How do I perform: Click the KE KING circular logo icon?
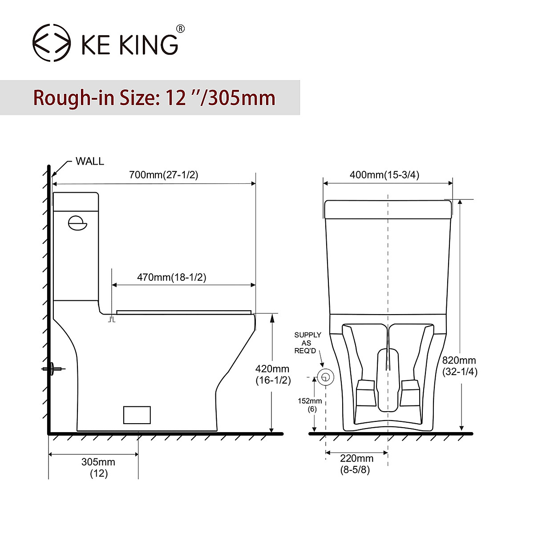click(x=52, y=43)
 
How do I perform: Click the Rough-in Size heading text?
click(x=154, y=98)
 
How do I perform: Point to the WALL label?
click(x=89, y=161)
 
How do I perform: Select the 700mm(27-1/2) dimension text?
click(x=163, y=175)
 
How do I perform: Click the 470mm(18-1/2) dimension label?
click(x=171, y=277)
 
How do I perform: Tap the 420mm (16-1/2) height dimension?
click(x=273, y=374)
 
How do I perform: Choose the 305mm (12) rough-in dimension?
click(x=98, y=467)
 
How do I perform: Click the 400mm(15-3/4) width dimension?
click(x=384, y=175)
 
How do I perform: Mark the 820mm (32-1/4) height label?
click(x=459, y=366)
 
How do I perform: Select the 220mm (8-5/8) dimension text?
click(x=356, y=464)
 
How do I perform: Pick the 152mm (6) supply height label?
click(x=310, y=405)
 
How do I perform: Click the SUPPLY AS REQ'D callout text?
click(x=307, y=343)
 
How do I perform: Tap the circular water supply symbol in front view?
click(x=326, y=377)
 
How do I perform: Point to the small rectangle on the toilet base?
click(x=137, y=415)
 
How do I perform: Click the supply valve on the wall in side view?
click(x=53, y=368)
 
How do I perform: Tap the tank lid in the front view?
click(x=388, y=210)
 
